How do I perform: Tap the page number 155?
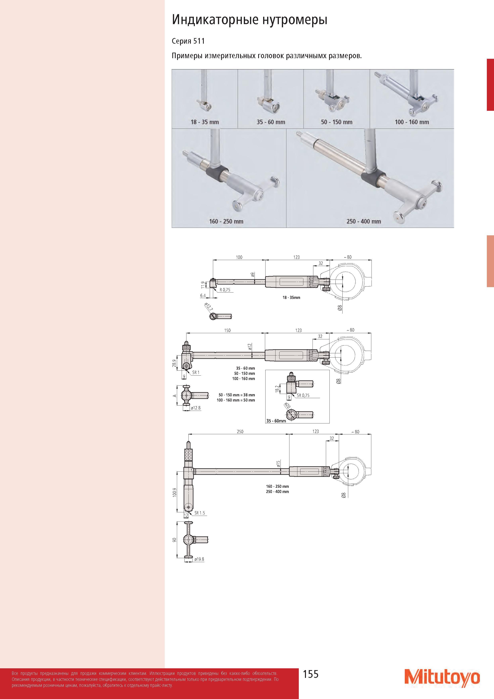(311, 674)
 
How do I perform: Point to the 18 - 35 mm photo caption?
(205, 122)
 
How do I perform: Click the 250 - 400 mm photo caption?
(364, 222)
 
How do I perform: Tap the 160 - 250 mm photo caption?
(226, 222)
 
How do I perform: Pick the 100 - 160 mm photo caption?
(412, 122)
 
